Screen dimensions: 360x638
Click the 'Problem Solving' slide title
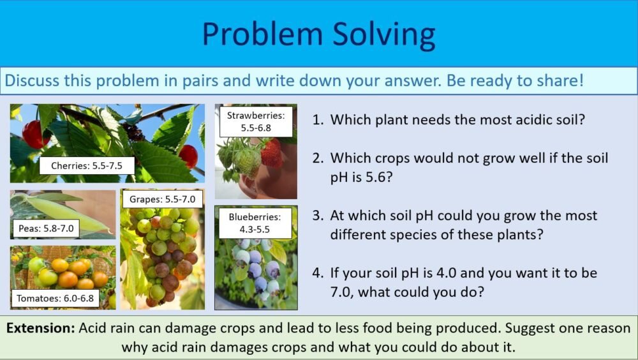click(318, 34)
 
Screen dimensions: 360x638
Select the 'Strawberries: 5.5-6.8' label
click(256, 121)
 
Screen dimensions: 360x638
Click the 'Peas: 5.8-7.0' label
click(45, 228)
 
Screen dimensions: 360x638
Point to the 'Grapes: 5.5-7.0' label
click(162, 199)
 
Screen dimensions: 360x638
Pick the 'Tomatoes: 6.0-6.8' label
click(54, 298)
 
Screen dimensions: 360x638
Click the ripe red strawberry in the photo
click(271, 153)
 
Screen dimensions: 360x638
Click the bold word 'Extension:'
click(41, 329)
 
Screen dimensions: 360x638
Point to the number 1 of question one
click(317, 120)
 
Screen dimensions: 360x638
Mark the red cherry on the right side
click(188, 155)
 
